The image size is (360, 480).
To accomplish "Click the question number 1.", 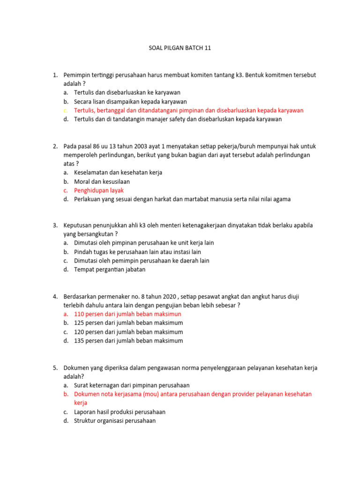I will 55,75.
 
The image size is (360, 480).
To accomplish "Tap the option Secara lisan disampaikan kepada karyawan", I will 130,102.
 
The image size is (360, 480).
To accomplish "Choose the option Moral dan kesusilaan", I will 102,181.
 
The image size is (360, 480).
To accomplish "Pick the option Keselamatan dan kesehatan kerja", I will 118,172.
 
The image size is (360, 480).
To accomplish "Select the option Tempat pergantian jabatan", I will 110,270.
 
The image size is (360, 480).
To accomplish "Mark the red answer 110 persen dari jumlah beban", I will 127,314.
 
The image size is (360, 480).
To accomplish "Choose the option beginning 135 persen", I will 128,341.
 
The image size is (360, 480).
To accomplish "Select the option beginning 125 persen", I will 128,323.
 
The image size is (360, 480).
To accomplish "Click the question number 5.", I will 55,368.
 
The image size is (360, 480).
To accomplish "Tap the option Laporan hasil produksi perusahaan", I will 120,412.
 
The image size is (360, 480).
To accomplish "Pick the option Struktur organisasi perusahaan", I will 115,421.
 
